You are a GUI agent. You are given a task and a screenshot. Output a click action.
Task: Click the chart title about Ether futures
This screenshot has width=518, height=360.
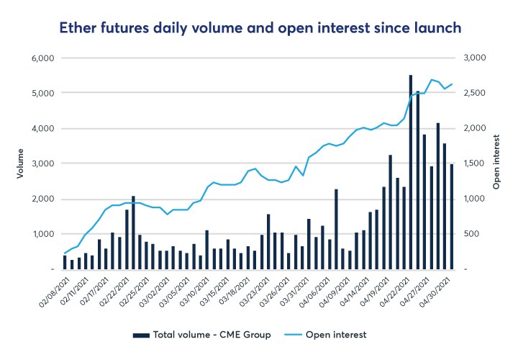click(258, 28)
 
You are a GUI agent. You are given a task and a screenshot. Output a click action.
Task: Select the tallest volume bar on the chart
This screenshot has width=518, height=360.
click(410, 173)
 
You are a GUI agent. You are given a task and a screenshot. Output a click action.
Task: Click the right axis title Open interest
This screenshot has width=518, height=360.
click(496, 163)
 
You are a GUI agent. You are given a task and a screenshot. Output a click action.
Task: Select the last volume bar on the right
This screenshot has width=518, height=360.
click(451, 217)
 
